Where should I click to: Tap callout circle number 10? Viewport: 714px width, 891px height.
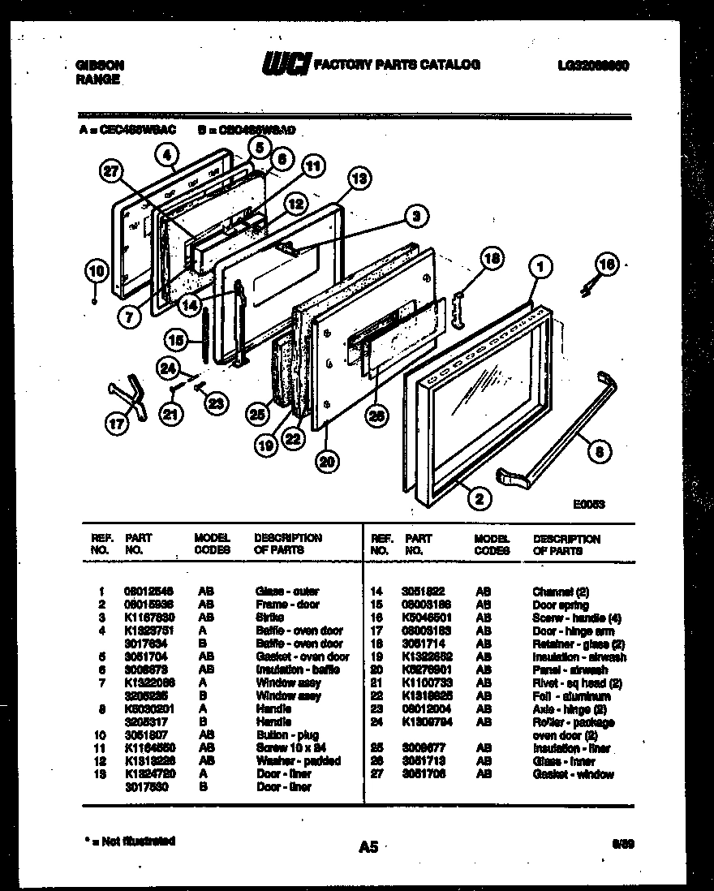(x=97, y=272)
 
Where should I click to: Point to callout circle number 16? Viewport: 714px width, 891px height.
(x=605, y=262)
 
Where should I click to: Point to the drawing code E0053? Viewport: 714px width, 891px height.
(x=588, y=504)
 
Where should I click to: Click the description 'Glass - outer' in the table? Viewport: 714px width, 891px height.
(x=287, y=592)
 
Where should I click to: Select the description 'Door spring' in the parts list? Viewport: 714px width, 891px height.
(x=560, y=605)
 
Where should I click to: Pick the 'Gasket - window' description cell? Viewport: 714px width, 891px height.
(x=573, y=774)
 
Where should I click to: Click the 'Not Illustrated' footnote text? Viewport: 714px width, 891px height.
(x=130, y=841)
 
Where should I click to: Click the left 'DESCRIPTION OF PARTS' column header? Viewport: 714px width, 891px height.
(x=288, y=544)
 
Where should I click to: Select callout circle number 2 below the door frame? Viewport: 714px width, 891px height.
(x=480, y=499)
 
